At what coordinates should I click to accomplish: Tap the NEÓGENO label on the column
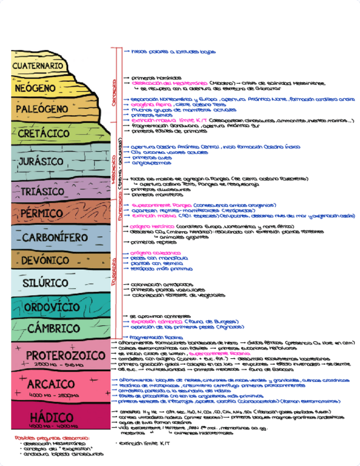pos(35,87)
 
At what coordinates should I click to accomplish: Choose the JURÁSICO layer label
pos(41,162)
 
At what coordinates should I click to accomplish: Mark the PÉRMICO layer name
pos(41,213)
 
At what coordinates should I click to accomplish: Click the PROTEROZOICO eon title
pos(58,354)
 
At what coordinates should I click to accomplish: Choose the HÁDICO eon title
pos(52,417)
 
